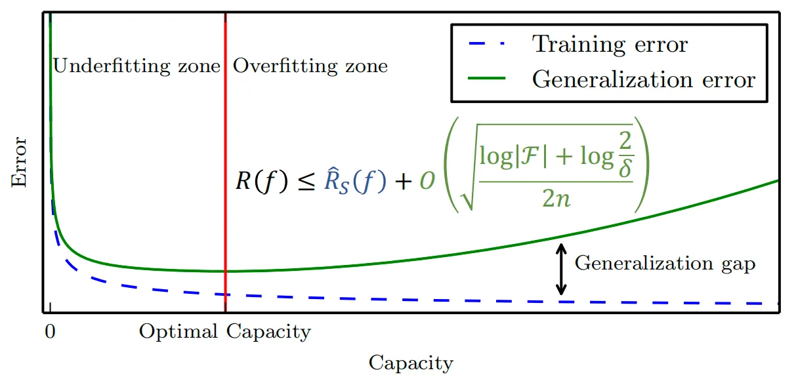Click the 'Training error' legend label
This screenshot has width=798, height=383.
pos(610,45)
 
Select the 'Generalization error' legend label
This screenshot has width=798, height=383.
pos(644,79)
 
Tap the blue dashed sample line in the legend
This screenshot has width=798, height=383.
pos(486,45)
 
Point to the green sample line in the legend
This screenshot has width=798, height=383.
pos(486,79)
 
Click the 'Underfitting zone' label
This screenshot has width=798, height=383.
pos(136,66)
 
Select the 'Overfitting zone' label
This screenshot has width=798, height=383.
pos(310,66)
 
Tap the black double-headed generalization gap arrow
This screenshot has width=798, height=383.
pos(560,269)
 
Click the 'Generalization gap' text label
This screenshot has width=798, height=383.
pos(665,264)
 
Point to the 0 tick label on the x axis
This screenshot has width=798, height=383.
pos(49,331)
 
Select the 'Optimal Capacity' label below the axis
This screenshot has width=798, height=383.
pos(224,332)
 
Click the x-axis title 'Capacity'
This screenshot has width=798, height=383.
pos(411,363)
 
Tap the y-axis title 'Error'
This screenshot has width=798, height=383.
pos(20,162)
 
